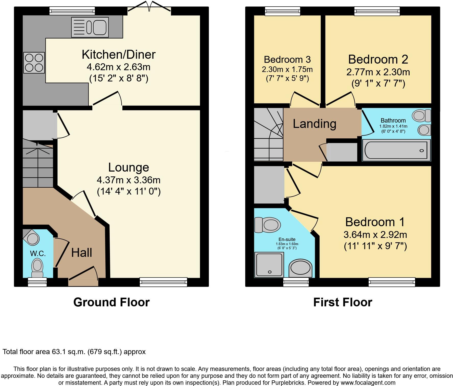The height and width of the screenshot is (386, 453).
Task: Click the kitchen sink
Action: coord(90,27)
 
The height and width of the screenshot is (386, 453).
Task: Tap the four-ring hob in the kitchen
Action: coord(34,63)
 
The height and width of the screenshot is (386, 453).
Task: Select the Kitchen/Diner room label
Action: coord(119,54)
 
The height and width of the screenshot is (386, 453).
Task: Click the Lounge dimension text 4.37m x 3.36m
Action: coord(129,180)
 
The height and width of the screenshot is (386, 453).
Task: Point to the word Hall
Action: coord(82,253)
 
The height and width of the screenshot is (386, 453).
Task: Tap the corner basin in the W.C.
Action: coord(32,238)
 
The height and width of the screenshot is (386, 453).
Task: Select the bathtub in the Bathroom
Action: coord(396,150)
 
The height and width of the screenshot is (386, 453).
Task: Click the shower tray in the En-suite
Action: coord(269,265)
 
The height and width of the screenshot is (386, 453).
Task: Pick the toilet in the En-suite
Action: coord(268,225)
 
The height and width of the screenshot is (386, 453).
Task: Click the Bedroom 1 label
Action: coord(375,222)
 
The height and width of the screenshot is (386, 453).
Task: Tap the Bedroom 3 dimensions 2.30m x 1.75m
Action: coord(287,69)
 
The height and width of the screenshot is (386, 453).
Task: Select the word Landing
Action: coord(314,124)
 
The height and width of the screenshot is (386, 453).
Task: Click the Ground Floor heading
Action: coord(111,302)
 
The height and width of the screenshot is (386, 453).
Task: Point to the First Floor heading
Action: coord(343,302)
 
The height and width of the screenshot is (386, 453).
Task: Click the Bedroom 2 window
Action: coord(377,11)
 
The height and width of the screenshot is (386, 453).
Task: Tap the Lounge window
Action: coord(163,282)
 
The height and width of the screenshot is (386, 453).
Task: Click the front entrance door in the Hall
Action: coord(83,276)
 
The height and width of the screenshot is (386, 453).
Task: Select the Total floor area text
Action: coord(74,352)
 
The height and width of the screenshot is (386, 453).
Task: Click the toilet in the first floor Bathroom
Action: coord(421,115)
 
